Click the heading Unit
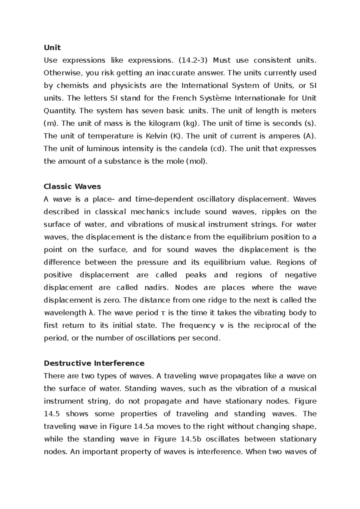[x=52, y=48]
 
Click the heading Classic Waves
[x=72, y=186]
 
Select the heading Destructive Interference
[x=94, y=363]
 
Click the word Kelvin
[x=156, y=136]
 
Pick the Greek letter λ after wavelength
[x=92, y=313]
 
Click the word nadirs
[x=155, y=288]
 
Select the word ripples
[x=274, y=212]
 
